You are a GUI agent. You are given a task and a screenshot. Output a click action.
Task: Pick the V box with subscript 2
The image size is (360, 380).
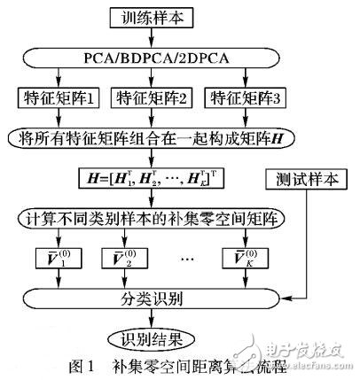[133, 260]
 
